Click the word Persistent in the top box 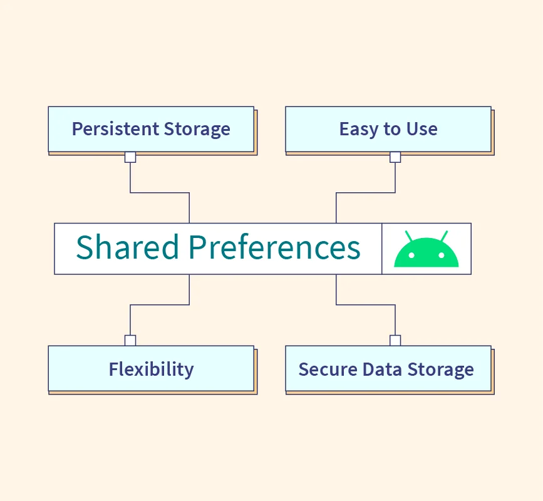(x=109, y=130)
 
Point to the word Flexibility (x=151, y=369)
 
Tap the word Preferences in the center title (x=274, y=247)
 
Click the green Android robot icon (x=426, y=250)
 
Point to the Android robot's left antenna (x=409, y=236)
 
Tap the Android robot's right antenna (x=443, y=236)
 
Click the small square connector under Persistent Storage (x=130, y=157)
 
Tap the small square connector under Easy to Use (x=395, y=157)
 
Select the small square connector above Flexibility (x=130, y=340)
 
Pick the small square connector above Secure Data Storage (x=395, y=340)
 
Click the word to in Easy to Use (x=392, y=130)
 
